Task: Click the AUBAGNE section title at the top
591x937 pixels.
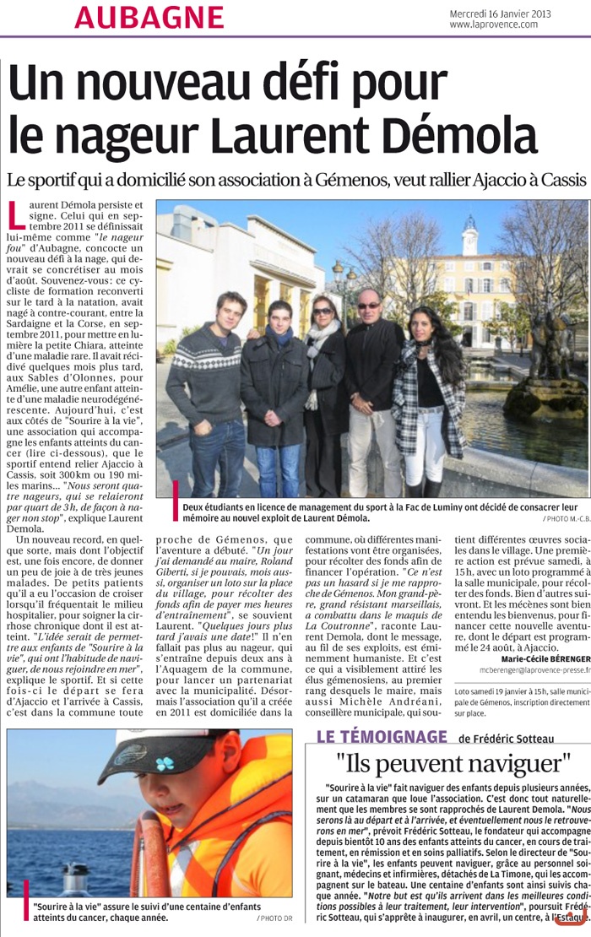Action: (149, 17)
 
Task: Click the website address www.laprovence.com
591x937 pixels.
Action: (494, 24)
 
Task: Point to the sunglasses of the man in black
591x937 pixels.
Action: (368, 306)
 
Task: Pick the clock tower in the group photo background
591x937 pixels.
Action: (469, 238)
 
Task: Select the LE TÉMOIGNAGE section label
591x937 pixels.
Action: (382, 737)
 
